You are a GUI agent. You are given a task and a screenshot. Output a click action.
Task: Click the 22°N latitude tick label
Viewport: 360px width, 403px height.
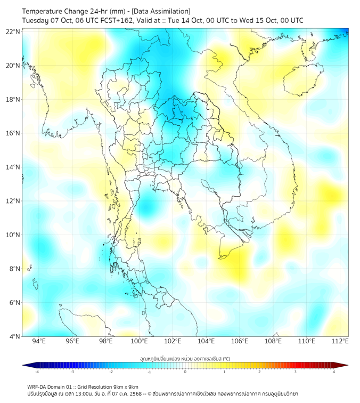pos(13,31)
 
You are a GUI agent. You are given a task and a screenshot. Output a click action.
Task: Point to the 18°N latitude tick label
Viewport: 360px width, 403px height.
pos(13,100)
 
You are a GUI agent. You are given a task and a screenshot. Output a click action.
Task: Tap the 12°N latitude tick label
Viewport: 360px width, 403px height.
pos(13,201)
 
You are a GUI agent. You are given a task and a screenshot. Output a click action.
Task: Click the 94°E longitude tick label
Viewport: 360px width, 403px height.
pos(39,341)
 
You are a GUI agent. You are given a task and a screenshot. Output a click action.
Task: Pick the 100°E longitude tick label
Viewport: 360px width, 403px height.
pos(140,341)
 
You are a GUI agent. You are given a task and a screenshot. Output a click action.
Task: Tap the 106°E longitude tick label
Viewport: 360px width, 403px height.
pos(240,341)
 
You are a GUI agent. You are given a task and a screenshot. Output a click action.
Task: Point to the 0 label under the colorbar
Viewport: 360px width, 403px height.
pos(185,372)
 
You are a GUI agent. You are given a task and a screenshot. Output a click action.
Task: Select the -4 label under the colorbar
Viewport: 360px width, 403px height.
pos(36,372)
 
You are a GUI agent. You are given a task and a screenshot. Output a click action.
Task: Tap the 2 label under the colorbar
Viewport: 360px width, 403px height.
pos(259,372)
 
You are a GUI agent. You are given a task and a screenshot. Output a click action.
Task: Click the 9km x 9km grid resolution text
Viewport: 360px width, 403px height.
pos(126,386)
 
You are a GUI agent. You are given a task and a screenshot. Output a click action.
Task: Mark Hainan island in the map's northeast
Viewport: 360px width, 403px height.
pos(304,79)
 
